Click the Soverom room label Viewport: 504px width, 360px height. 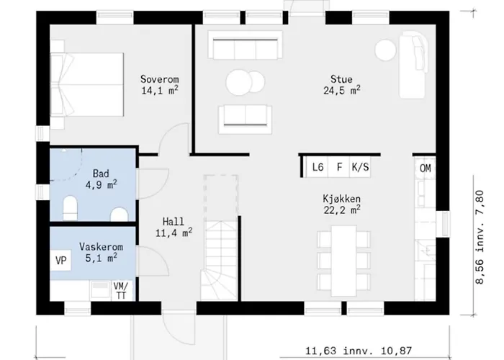pyautogui.click(x=159, y=79)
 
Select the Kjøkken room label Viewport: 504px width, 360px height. pyautogui.click(x=342, y=199)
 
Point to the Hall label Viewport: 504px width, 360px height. pyautogui.click(x=174, y=222)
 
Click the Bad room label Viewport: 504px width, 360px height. pyautogui.click(x=101, y=174)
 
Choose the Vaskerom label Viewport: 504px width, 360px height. pyautogui.click(x=101, y=247)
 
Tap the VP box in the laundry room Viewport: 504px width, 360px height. pyautogui.click(x=60, y=260)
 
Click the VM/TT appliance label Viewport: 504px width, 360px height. pyautogui.click(x=121, y=291)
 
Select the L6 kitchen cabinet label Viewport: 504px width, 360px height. pyautogui.click(x=318, y=167)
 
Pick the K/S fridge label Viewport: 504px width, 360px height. pyautogui.click(x=360, y=167)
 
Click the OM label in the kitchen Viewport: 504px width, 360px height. pyautogui.click(x=426, y=168)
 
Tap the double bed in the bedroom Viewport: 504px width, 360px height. pyautogui.click(x=87, y=84)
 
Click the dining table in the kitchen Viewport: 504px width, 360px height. pyautogui.click(x=343, y=261)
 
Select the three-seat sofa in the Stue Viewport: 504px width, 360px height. pyautogui.click(x=246, y=45)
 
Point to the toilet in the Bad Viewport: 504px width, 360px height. pyautogui.click(x=71, y=208)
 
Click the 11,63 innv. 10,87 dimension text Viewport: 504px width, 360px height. pyautogui.click(x=358, y=351)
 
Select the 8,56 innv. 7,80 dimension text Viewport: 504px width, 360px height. pyautogui.click(x=480, y=237)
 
